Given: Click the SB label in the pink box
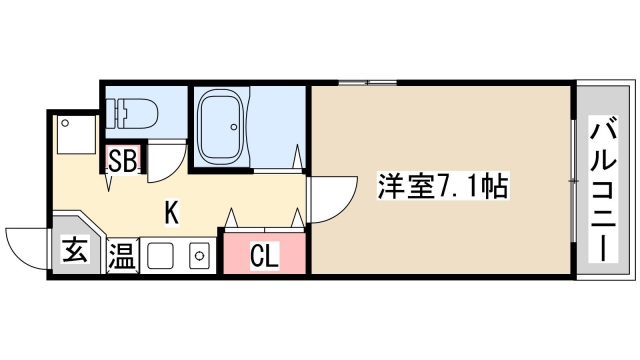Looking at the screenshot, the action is pyautogui.click(x=123, y=160).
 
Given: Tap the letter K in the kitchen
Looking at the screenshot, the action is pyautogui.click(x=172, y=212).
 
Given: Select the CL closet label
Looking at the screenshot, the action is pyautogui.click(x=263, y=256).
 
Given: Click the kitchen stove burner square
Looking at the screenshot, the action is pyautogui.click(x=199, y=256).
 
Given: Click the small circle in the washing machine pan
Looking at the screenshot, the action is pyautogui.click(x=65, y=125).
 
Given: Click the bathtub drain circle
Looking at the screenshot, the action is pyautogui.click(x=236, y=127).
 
